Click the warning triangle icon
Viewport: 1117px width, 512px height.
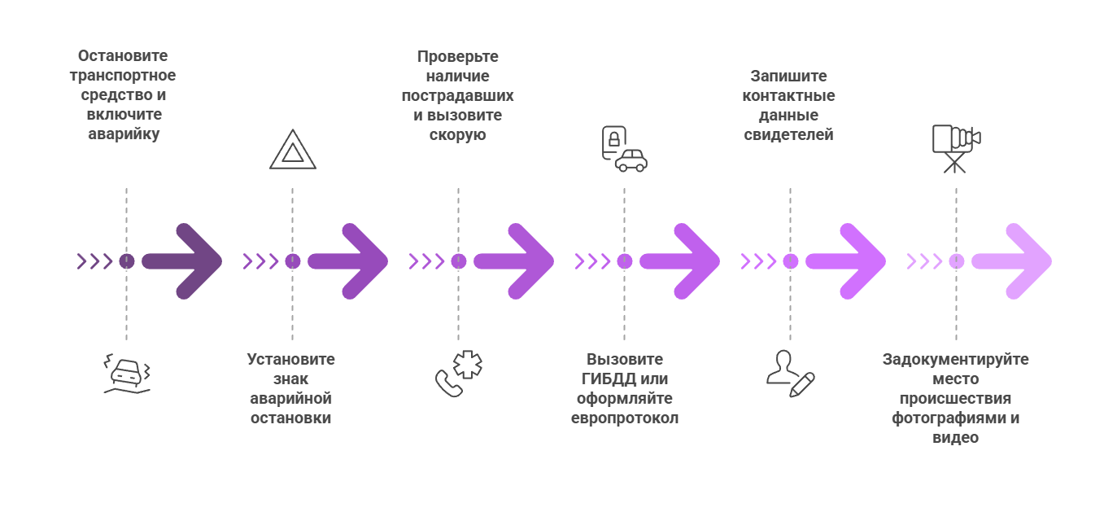tap(292, 150)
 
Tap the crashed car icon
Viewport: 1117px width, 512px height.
tap(127, 374)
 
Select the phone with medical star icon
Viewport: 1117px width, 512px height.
tap(458, 374)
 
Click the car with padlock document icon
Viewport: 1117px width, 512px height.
tap(624, 149)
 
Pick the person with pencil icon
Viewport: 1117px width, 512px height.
tap(789, 374)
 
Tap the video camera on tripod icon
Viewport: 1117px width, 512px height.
tap(955, 149)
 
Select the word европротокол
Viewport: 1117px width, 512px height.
tap(624, 418)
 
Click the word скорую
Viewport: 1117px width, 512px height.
tap(458, 135)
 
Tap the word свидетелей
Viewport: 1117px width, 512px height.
tap(789, 135)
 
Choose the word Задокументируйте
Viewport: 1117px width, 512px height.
tap(955, 359)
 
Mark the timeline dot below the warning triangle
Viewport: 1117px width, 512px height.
tap(293, 261)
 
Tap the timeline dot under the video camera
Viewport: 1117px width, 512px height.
tap(956, 261)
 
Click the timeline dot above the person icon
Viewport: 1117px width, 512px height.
tap(790, 261)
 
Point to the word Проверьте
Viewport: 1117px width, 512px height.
tap(458, 57)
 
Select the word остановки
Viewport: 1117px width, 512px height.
tap(291, 418)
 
